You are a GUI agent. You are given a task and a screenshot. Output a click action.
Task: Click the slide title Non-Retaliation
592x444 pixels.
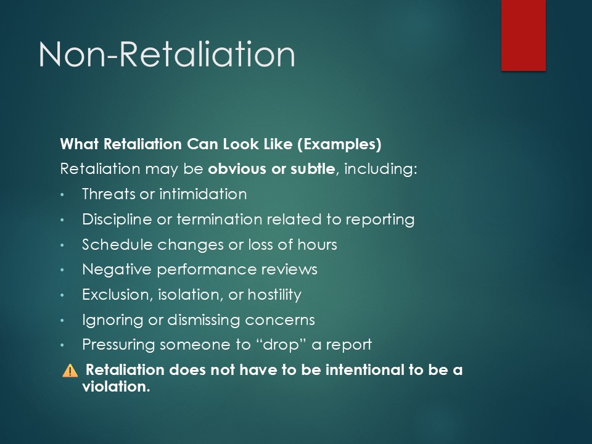point(166,54)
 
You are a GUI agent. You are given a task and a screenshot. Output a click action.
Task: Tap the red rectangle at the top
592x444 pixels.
point(524,35)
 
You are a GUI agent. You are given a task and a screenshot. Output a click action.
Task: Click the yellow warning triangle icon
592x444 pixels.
point(70,371)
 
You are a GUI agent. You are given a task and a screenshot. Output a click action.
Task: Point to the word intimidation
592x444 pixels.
point(203,194)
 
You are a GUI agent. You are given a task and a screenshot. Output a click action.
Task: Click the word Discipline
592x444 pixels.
point(117,220)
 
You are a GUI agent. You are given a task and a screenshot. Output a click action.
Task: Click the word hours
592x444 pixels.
point(317,245)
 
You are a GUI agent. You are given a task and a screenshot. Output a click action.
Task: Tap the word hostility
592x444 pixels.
point(274,295)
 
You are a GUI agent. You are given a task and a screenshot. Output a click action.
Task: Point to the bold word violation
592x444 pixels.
point(116,387)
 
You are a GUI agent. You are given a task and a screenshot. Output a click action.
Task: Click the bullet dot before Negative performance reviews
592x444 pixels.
point(62,270)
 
